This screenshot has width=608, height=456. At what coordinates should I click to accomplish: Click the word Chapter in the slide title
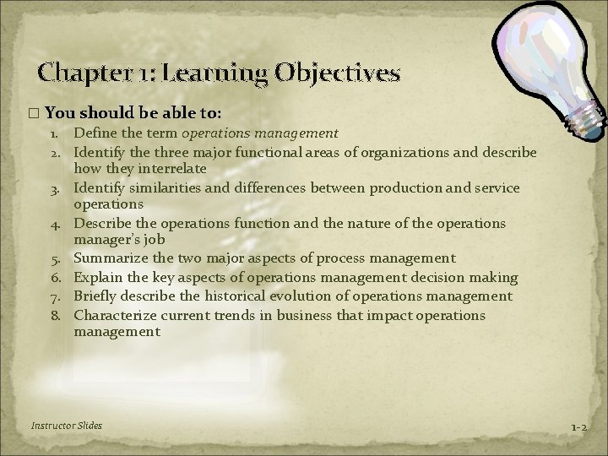coord(79,73)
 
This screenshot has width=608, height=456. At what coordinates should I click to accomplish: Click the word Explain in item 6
coord(99,277)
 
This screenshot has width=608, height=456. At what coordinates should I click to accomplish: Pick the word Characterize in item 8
coord(114,315)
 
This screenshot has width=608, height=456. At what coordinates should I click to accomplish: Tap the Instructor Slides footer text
coord(66,426)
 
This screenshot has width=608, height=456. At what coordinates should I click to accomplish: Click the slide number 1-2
coord(578,427)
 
